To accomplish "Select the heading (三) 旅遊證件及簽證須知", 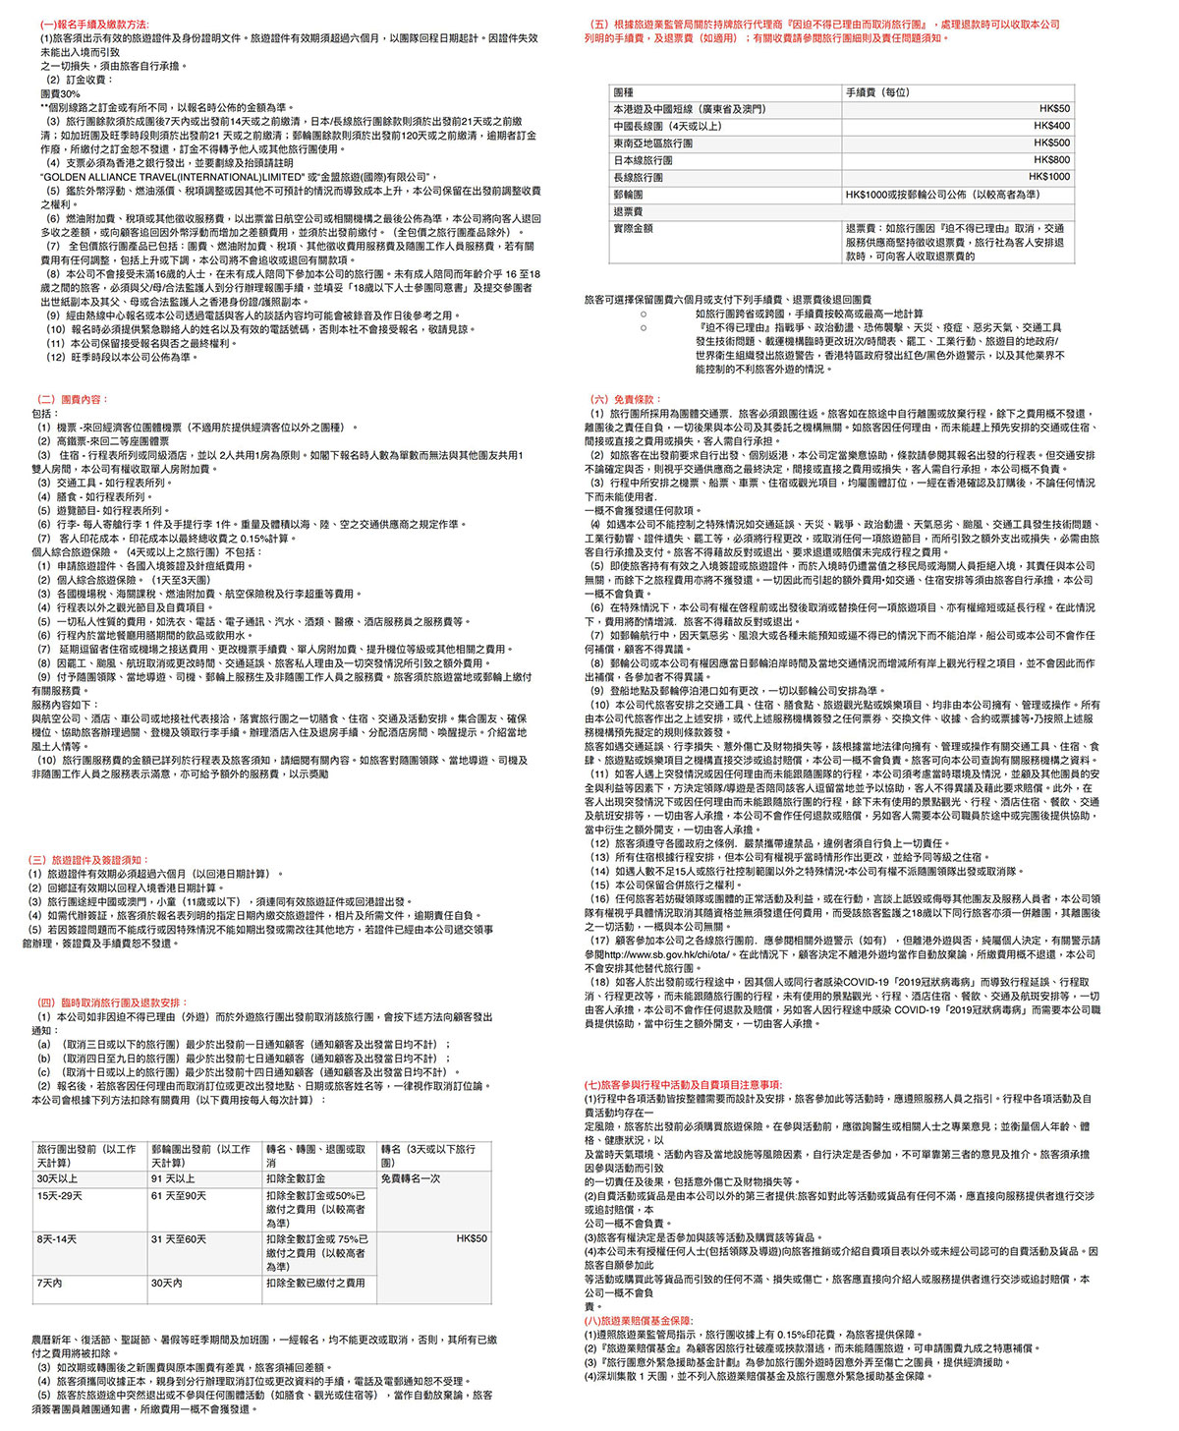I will [87, 860].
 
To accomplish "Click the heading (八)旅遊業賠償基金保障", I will [639, 1321].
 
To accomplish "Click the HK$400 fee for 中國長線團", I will [1051, 126].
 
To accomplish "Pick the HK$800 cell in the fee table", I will [1051, 160].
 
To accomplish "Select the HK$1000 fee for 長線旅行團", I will [1049, 177].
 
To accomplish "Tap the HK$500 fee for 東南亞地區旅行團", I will [1051, 143].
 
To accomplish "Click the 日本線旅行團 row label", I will [644, 160].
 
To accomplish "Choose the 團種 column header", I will [624, 92].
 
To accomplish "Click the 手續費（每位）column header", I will [877, 92].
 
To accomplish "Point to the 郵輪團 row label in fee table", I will [629, 195].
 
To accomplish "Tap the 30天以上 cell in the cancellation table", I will [57, 1178].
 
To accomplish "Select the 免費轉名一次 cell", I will [410, 1178].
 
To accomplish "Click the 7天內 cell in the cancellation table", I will [49, 1283].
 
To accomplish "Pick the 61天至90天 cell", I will [179, 1196].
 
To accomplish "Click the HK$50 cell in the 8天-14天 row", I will [472, 1239].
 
